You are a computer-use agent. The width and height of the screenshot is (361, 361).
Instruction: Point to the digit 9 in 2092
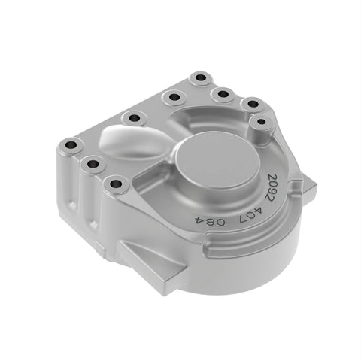pos(272,191)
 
